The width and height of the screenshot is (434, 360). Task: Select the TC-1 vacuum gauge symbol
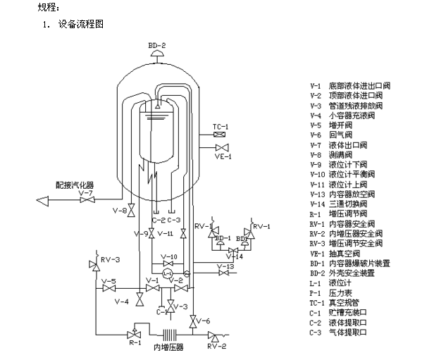click(221, 134)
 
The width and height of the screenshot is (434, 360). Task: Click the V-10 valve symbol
click(168, 264)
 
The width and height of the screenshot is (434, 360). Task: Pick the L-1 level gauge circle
click(168, 273)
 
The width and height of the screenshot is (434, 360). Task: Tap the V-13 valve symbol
click(220, 273)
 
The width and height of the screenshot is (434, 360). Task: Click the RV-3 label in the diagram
click(111, 259)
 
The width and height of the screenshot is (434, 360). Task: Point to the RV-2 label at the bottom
click(216, 346)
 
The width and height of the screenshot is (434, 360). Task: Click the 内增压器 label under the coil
click(168, 347)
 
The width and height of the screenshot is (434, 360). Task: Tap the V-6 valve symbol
click(192, 321)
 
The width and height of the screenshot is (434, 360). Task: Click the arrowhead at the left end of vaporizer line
click(43, 200)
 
